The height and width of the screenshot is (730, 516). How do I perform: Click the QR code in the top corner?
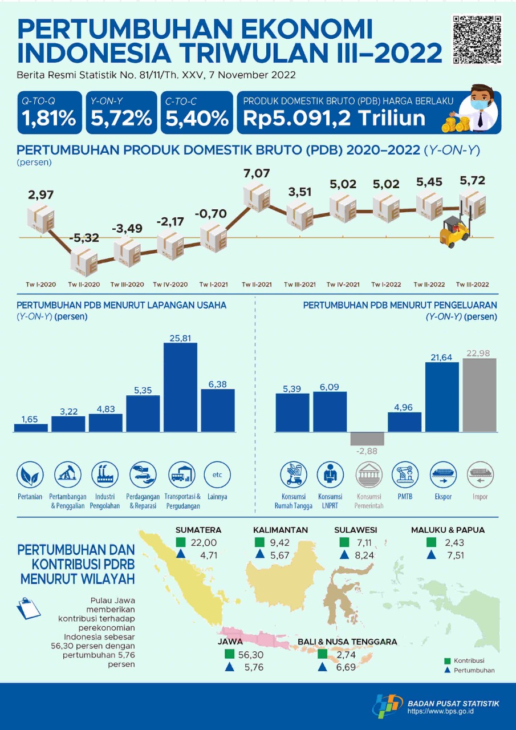(x=477, y=39)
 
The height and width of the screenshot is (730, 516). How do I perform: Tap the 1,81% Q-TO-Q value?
(x=49, y=118)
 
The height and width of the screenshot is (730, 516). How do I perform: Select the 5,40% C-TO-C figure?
(x=197, y=118)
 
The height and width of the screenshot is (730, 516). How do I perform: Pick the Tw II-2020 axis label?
(x=84, y=284)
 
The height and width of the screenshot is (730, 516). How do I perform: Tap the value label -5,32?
(x=84, y=237)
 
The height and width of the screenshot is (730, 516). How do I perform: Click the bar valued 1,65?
(x=31, y=427)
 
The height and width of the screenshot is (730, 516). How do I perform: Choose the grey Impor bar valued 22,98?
(x=480, y=395)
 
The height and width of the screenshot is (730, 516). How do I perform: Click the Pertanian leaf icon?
(x=29, y=474)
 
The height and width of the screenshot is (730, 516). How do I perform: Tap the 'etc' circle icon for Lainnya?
(x=217, y=474)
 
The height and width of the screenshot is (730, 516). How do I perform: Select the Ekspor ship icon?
(x=443, y=474)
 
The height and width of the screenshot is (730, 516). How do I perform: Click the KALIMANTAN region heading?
(x=281, y=530)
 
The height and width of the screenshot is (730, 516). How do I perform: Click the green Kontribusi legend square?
(x=448, y=660)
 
